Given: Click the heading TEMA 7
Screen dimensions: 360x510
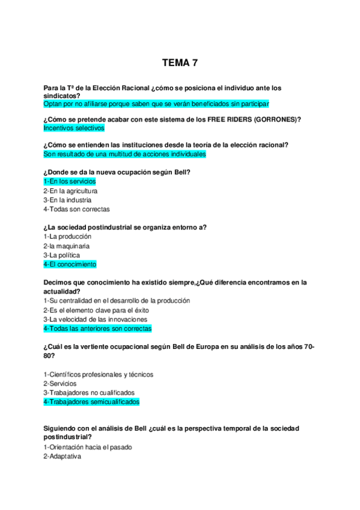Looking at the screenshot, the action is (x=180, y=63).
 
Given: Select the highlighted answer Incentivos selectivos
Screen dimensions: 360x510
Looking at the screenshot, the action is (x=74, y=128).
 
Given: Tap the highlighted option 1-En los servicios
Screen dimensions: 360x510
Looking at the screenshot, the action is (x=70, y=182).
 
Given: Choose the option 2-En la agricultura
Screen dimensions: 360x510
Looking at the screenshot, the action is (x=70, y=191).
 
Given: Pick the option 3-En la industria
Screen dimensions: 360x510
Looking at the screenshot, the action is (x=67, y=200).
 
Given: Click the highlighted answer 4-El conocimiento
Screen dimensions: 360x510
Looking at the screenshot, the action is (x=70, y=264).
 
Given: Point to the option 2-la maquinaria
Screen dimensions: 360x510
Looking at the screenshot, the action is (x=67, y=246).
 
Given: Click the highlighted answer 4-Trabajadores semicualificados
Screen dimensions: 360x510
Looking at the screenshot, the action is (x=91, y=402).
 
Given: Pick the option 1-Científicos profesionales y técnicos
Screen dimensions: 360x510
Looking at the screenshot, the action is (x=98, y=374).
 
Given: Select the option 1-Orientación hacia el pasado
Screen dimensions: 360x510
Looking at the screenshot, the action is (x=88, y=447).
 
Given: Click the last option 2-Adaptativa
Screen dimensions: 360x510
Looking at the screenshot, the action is (x=62, y=456).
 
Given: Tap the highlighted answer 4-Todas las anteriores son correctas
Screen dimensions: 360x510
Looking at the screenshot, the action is (x=97, y=328).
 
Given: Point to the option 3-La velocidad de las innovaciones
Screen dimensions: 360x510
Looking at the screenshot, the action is (x=96, y=319).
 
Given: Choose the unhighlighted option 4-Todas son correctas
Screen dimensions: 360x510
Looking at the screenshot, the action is (x=76, y=209).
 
